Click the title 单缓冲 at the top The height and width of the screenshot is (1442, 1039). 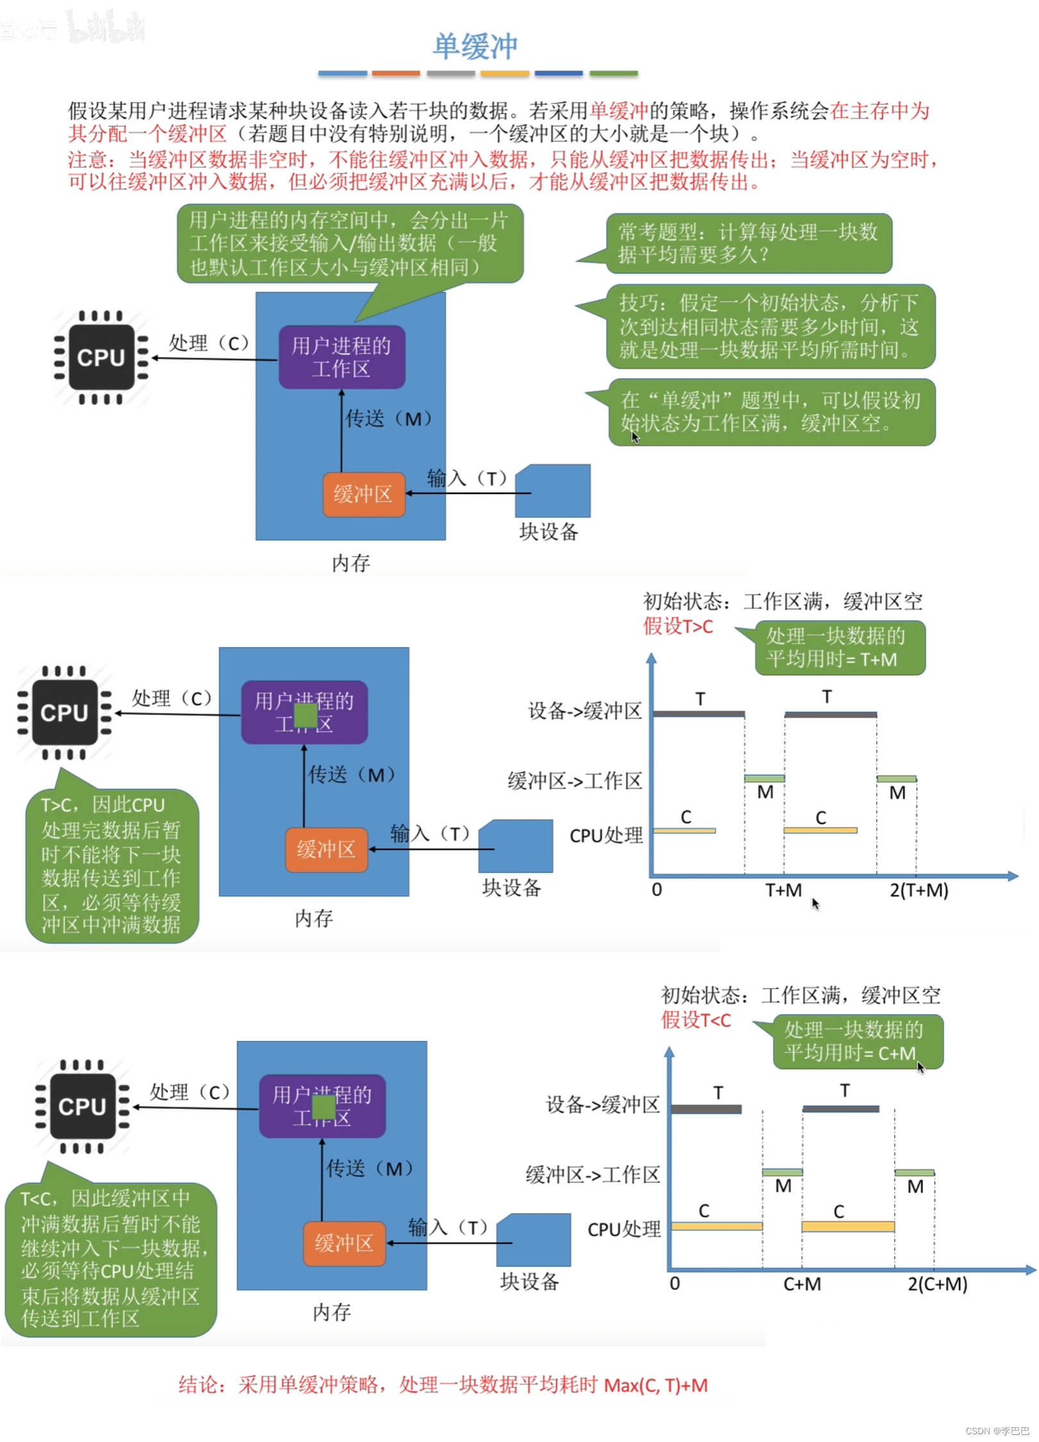coord(475,46)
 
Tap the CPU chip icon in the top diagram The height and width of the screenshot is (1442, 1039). coord(101,357)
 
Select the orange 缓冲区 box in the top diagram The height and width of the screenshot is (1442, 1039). coord(364,494)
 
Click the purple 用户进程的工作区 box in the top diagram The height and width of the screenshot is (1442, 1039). coord(341,357)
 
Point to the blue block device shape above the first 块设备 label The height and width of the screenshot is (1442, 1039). coord(553,491)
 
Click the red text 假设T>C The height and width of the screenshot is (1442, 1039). coord(678,626)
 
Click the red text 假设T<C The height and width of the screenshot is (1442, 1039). coord(696,1020)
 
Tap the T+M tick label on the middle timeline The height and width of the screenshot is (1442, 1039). coord(783,890)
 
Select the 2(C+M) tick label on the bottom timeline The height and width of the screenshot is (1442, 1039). coord(937,1284)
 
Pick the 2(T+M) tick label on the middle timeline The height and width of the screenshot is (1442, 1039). coord(918,890)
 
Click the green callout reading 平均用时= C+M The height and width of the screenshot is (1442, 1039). coord(857,1041)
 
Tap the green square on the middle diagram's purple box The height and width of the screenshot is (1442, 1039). coord(305,715)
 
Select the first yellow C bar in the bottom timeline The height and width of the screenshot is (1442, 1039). coord(716,1226)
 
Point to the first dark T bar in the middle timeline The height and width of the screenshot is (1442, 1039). coord(698,713)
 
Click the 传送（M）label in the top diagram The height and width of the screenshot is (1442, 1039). coord(389,419)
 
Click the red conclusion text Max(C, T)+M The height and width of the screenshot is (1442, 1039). coord(655,1385)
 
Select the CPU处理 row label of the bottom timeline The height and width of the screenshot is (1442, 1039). coord(623,1229)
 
